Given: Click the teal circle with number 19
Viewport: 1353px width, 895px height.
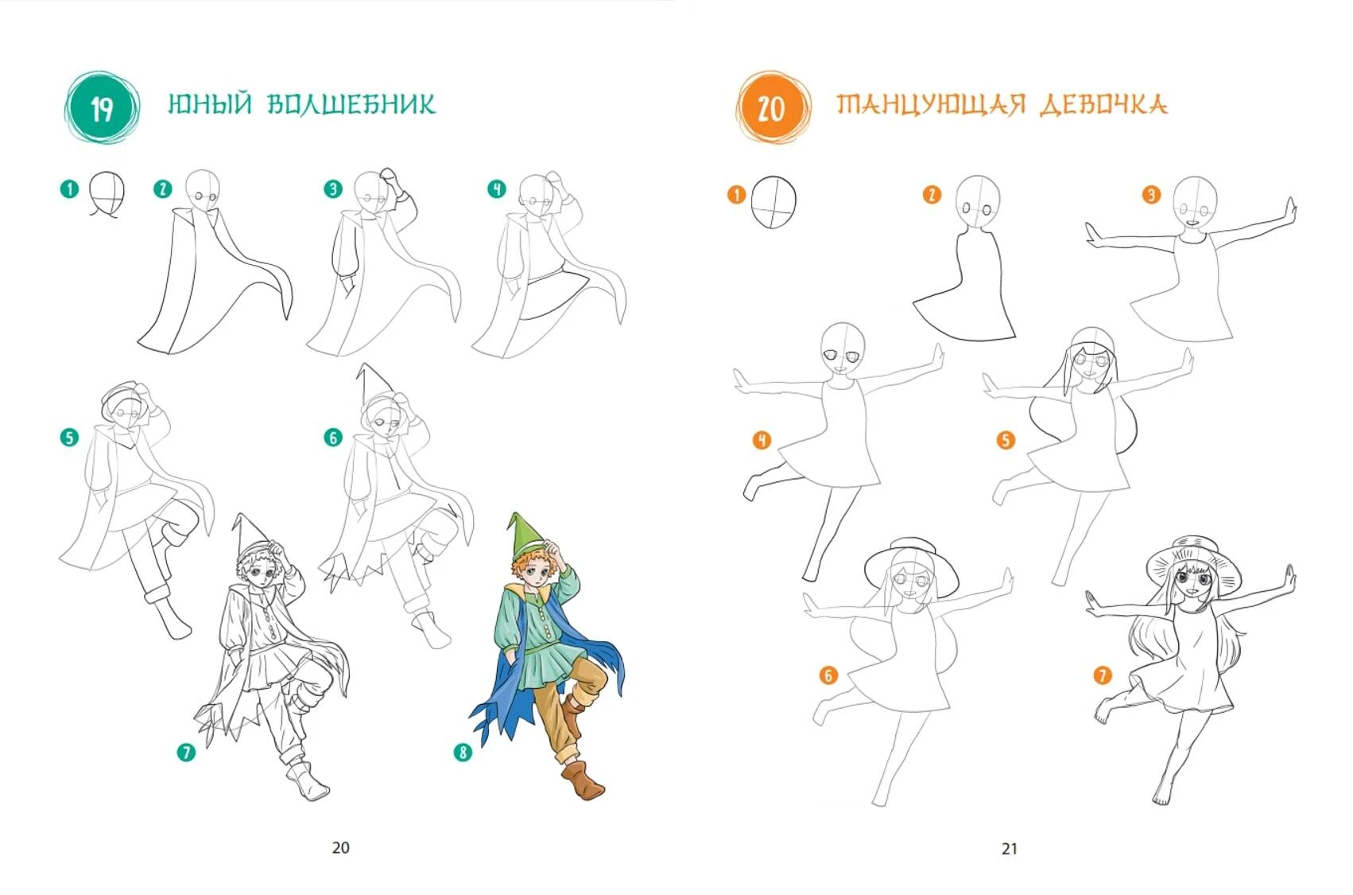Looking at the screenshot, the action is coord(102,107).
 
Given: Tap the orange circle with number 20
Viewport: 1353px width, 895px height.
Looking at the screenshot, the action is coord(773,107).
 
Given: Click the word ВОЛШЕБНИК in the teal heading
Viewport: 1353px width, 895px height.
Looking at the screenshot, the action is coord(351,104).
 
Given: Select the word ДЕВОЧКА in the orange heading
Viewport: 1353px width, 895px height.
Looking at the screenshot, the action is coord(1104,105).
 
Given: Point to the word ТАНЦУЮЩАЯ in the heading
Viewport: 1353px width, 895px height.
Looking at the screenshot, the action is coord(932,105).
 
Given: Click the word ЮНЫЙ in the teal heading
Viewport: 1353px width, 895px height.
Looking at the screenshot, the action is coord(210,104).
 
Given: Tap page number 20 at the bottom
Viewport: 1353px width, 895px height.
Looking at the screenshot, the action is coord(341,847).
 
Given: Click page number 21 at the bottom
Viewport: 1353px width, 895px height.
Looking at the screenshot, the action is coord(1010,849).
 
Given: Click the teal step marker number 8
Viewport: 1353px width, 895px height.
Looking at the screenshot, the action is coord(463,753).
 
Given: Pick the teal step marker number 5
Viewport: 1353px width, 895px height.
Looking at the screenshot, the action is coord(69,437).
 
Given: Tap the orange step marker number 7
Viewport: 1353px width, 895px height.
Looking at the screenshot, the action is coord(1103,675).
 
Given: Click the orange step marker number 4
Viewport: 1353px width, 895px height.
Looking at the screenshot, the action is coord(762,439).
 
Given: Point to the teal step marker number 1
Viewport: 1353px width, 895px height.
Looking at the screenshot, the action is coord(69,189).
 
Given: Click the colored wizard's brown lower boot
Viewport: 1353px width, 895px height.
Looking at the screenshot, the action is coord(584,780).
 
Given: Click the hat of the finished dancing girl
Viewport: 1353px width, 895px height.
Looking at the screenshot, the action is coord(1193,562).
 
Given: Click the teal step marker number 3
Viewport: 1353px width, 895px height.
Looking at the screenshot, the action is coord(333,189).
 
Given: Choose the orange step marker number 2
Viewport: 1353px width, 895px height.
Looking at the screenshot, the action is coord(932,194).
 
